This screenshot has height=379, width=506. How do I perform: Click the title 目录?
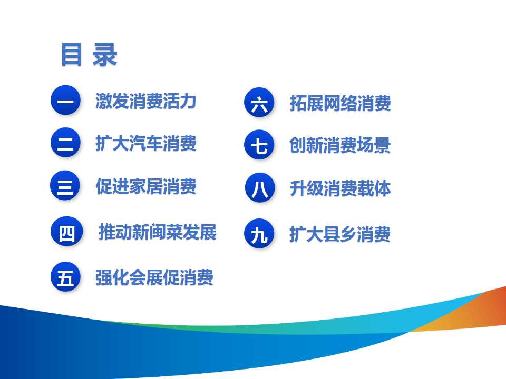click(x=89, y=55)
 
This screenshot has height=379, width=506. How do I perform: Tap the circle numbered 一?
click(x=65, y=100)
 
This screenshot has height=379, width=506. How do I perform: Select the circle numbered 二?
click(x=65, y=143)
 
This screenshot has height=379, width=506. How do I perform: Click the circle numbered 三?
click(x=65, y=186)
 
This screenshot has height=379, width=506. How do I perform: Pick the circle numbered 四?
click(x=67, y=232)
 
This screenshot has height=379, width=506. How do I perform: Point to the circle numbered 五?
click(x=65, y=277)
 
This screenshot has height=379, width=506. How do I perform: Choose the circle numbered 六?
click(x=259, y=103)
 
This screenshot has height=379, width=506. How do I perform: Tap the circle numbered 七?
click(x=259, y=145)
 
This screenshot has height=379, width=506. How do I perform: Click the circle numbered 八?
click(x=260, y=188)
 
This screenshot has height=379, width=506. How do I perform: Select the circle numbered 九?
click(x=259, y=234)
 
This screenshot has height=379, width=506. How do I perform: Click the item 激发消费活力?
click(x=146, y=101)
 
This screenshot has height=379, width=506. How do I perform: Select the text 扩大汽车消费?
click(x=146, y=143)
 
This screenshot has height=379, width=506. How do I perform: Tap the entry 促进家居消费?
click(x=146, y=186)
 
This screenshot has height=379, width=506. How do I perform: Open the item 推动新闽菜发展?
click(x=158, y=232)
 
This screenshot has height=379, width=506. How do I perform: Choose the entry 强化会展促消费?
click(x=154, y=277)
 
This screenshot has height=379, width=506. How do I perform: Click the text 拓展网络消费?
click(x=340, y=103)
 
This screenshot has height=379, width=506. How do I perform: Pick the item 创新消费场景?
click(x=340, y=145)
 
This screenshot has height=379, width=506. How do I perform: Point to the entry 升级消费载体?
click(x=340, y=188)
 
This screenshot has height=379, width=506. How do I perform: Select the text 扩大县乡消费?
click(x=340, y=234)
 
